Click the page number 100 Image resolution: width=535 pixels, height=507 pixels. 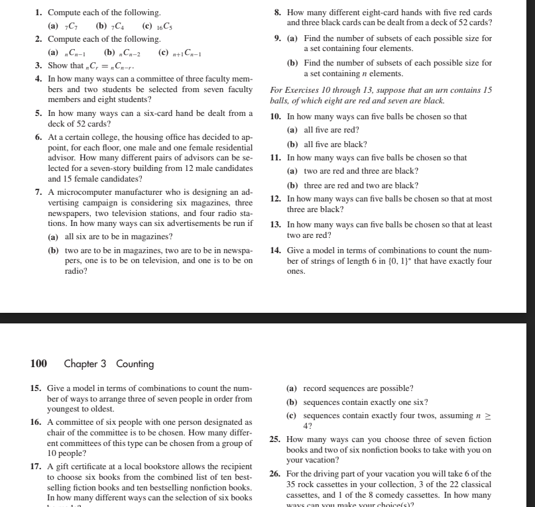(x=38, y=363)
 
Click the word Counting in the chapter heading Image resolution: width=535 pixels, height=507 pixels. (x=135, y=364)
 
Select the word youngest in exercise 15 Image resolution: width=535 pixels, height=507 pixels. (x=64, y=409)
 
